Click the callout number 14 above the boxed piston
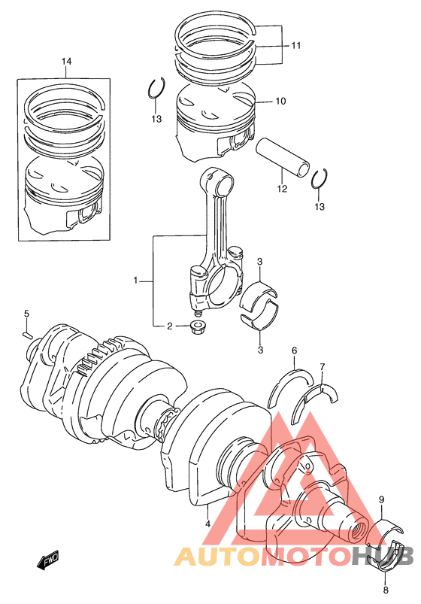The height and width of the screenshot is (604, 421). click(x=66, y=61)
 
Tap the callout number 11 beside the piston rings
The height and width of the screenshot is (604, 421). click(x=295, y=45)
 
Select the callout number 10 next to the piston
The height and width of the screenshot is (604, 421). click(x=280, y=101)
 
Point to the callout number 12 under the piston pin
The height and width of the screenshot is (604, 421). click(x=282, y=189)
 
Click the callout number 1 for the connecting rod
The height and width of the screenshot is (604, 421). click(x=135, y=281)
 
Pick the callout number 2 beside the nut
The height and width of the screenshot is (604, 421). click(x=169, y=326)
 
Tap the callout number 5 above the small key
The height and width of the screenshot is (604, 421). click(x=26, y=314)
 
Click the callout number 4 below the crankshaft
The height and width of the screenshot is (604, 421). click(x=207, y=524)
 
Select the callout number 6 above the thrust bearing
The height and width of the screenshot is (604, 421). click(x=294, y=351)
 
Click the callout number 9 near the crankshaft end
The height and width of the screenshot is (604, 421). click(x=381, y=500)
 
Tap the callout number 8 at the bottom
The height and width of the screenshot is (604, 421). click(x=386, y=590)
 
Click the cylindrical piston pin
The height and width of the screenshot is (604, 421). click(x=283, y=157)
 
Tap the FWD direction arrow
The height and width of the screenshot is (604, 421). click(x=47, y=559)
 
